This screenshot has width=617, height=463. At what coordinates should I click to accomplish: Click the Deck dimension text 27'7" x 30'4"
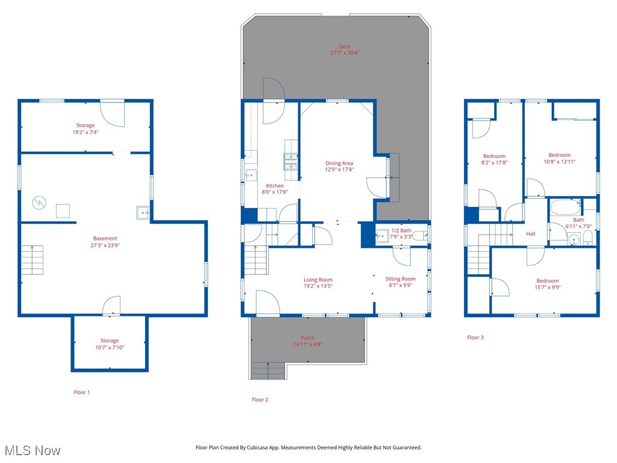(x=345, y=53)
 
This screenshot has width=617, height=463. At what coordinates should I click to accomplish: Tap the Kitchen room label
(x=275, y=186)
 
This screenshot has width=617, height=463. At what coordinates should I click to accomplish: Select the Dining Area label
(x=339, y=163)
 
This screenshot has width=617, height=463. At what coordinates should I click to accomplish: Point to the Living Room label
(x=318, y=280)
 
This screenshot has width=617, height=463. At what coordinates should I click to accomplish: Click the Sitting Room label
(x=400, y=279)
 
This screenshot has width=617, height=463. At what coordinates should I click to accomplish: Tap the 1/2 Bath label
(x=401, y=230)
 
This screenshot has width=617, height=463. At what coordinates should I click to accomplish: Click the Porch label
(x=307, y=338)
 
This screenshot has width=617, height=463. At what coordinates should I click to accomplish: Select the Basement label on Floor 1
(x=105, y=239)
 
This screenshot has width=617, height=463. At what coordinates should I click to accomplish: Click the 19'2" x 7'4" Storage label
(x=85, y=125)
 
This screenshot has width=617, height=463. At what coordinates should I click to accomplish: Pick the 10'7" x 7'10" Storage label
(x=109, y=341)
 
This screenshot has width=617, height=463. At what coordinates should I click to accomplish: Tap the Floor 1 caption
(x=81, y=392)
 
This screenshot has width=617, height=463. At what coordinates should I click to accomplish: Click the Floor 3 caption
(x=475, y=338)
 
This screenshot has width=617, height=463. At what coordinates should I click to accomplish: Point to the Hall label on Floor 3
(x=530, y=234)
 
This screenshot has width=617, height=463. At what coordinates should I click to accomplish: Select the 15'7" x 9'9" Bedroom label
(x=547, y=281)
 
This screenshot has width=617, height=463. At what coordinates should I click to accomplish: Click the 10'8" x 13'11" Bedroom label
(x=559, y=156)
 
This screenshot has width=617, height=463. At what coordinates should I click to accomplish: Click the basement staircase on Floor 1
(x=33, y=260)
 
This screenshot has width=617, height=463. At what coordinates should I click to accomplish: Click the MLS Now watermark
(x=33, y=450)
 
